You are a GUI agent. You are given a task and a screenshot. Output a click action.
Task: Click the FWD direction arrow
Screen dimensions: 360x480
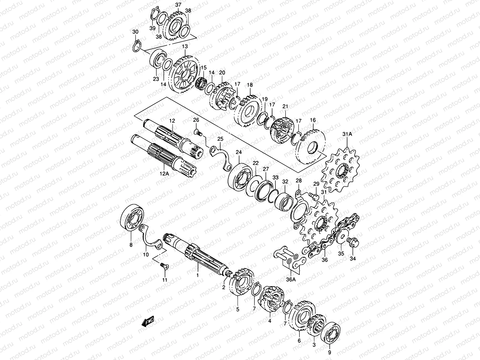(x=148, y=322)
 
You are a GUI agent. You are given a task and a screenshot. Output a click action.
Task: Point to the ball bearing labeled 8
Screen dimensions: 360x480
(x=132, y=217)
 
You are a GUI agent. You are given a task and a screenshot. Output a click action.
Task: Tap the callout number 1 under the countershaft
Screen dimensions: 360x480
(x=197, y=274)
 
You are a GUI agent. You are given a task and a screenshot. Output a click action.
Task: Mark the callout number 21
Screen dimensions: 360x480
(x=285, y=106)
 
